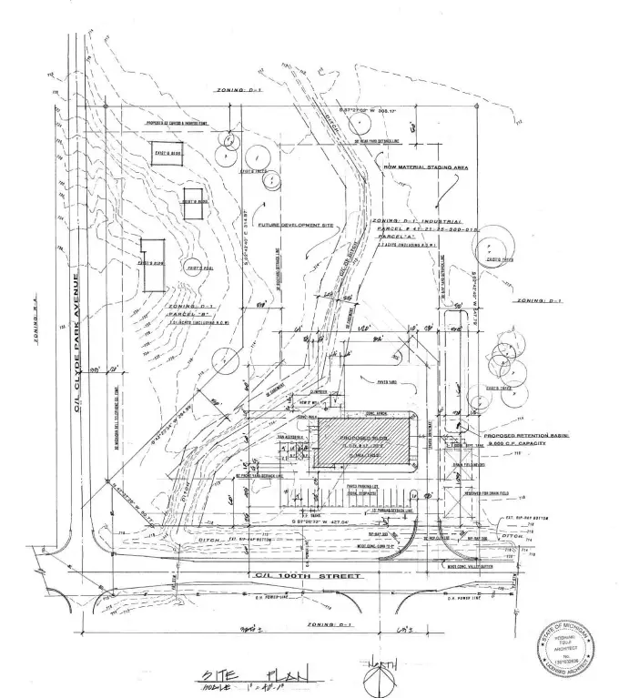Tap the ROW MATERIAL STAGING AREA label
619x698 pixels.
click(415, 167)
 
